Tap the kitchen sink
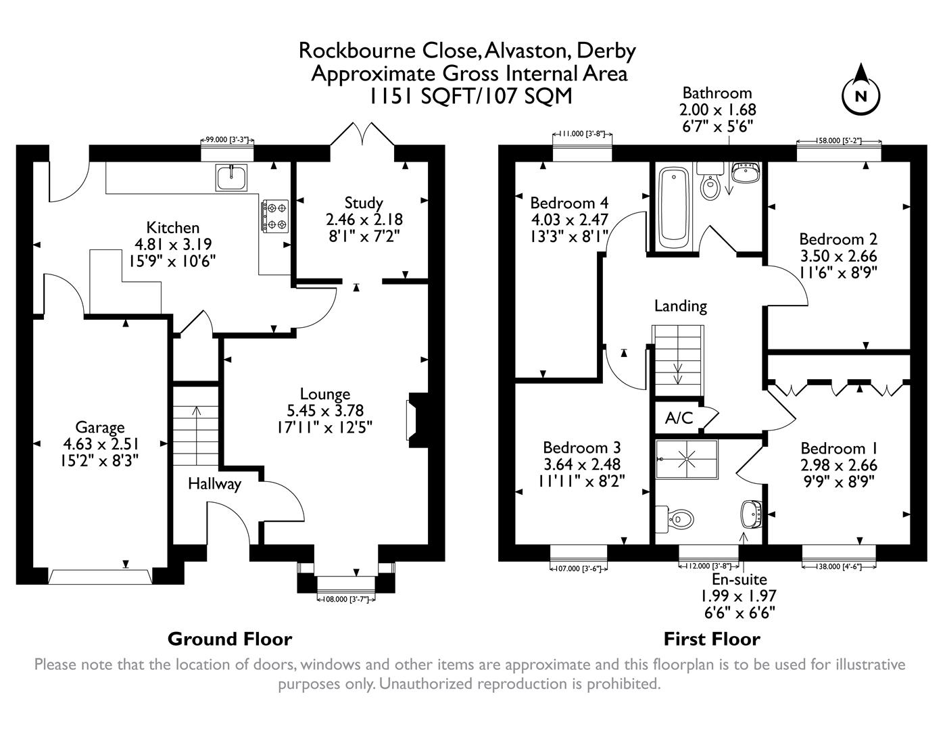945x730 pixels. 233,176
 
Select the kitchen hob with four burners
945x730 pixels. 274,215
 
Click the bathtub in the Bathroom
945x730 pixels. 674,205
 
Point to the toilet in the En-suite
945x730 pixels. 677,518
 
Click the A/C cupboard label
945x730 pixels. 679,418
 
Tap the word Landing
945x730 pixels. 680,306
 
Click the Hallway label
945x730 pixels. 214,484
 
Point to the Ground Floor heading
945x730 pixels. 230,639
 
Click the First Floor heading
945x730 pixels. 712,639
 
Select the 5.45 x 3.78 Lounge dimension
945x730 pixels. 324,410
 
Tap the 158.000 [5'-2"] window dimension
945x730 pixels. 839,142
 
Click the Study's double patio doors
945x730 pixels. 361,134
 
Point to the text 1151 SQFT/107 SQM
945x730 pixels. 469,96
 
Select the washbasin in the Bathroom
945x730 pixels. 746,172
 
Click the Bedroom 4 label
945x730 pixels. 569,203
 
